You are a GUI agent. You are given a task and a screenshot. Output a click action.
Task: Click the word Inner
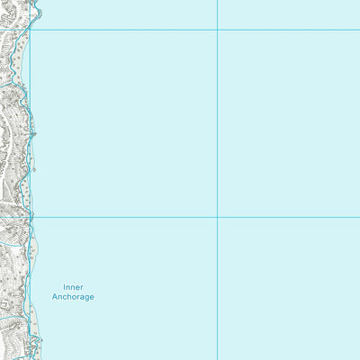(73, 287)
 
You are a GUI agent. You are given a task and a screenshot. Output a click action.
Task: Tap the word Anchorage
(73, 297)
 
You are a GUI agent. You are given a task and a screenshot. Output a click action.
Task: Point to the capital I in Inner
(65, 287)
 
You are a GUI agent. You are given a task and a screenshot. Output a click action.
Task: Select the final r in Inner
(82, 287)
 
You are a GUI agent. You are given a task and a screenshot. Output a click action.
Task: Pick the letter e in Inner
(78, 287)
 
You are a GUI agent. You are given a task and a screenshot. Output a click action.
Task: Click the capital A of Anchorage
(55, 297)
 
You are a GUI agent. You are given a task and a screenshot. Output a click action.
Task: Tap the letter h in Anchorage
(65, 297)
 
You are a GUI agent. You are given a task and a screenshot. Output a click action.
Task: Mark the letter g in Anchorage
(85, 298)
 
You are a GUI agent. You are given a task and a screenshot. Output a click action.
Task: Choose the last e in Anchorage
(91, 297)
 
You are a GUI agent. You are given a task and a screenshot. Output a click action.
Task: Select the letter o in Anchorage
(71, 297)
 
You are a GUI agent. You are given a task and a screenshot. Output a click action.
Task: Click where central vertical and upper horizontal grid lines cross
(217, 30)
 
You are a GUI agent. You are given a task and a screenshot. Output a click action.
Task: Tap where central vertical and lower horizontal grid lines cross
(217, 217)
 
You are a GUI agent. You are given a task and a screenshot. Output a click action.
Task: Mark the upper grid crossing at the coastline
(30, 30)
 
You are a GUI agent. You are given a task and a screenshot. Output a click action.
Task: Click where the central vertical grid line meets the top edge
(217, 1)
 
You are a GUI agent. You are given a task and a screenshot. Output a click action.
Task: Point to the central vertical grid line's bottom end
(217, 358)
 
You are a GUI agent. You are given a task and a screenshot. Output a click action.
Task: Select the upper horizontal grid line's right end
(358, 30)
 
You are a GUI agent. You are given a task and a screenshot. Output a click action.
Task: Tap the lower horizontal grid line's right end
(358, 217)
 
